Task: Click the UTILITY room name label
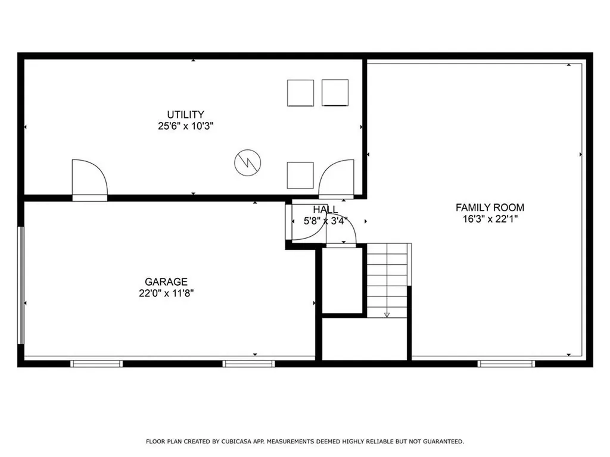click(185, 114)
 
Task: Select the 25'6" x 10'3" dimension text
click(185, 126)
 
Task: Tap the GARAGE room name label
click(166, 281)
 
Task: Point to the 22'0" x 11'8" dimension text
click(166, 293)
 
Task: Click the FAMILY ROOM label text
click(490, 208)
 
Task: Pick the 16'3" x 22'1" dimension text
click(490, 219)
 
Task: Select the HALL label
click(325, 209)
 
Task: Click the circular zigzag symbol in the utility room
click(248, 162)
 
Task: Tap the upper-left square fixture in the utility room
click(300, 93)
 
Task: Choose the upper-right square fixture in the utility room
click(335, 93)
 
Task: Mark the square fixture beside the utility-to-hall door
click(300, 175)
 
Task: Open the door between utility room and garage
click(89, 179)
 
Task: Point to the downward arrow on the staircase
click(387, 313)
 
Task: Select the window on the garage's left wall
click(21, 284)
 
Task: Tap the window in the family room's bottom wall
click(506, 363)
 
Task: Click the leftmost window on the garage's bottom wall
click(96, 363)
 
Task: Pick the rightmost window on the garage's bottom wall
click(248, 363)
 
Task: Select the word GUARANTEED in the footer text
click(442, 442)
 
